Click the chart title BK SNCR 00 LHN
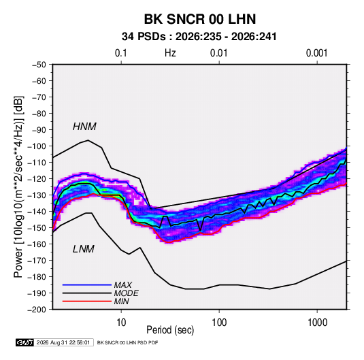pyautogui.click(x=200, y=19)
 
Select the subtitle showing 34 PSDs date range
pyautogui.click(x=199, y=37)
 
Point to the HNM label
pyautogui.click(x=84, y=127)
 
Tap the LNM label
pyautogui.click(x=84, y=249)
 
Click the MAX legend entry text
pyautogui.click(x=123, y=285)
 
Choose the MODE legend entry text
pyautogui.click(x=127, y=293)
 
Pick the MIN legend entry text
pyautogui.click(x=121, y=301)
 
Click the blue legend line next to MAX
pyautogui.click(x=87, y=285)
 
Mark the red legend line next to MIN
pyautogui.click(x=87, y=301)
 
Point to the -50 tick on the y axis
pyautogui.click(x=39, y=65)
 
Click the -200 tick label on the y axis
pyautogui.click(x=37, y=310)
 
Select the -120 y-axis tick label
pyautogui.click(x=37, y=179)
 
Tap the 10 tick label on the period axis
pyautogui.click(x=121, y=323)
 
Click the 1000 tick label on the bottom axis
pyautogui.click(x=317, y=323)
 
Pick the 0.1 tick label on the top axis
pyautogui.click(x=121, y=53)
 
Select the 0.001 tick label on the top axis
pyautogui.click(x=317, y=53)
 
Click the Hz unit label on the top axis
pyautogui.click(x=170, y=53)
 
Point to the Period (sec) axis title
pyautogui.click(x=170, y=330)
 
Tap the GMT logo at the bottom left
pyautogui.click(x=25, y=342)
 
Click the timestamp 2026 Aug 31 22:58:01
pyautogui.click(x=63, y=342)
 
